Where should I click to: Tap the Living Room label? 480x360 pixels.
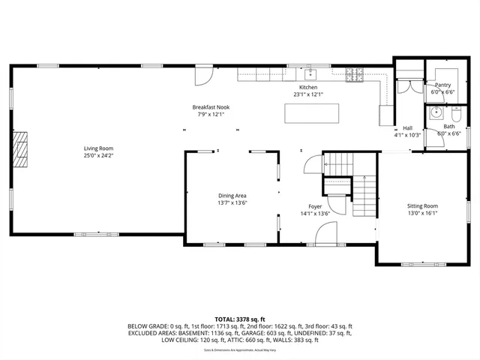[x=98, y=149]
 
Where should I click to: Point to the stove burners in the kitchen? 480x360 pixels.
[x=353, y=73]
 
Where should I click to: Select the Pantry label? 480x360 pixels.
[x=442, y=85]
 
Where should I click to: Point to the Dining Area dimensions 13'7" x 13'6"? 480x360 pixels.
[x=232, y=202]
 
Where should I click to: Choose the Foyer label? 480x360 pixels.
[x=315, y=205]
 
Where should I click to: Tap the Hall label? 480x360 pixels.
[x=408, y=128]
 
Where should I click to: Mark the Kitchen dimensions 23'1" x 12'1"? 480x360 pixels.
[x=309, y=94]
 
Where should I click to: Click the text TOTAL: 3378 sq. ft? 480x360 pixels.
[x=240, y=319]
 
